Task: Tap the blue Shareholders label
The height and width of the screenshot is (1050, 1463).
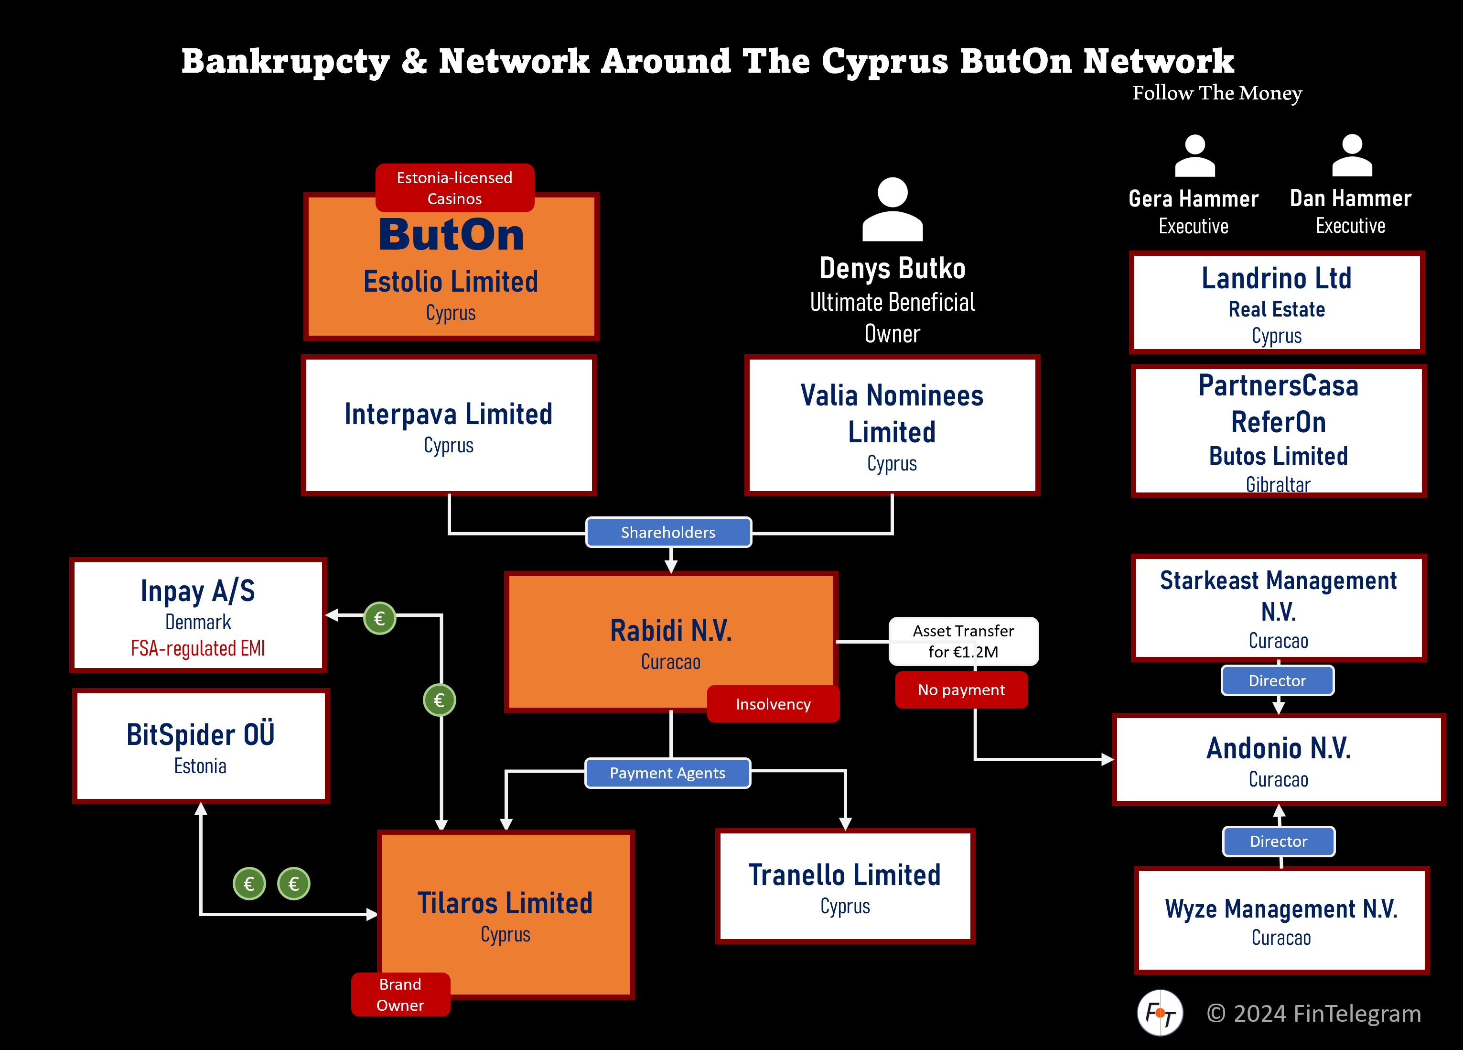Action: pos(668,533)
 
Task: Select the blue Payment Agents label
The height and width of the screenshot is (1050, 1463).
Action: pos(667,773)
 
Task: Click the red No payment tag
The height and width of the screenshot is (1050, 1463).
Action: pos(961,690)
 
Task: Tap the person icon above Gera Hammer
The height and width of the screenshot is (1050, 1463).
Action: pos(1194,156)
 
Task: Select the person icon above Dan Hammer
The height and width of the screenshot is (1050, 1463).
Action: pos(1352,156)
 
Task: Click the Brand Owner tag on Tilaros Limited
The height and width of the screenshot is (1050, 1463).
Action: pos(400,995)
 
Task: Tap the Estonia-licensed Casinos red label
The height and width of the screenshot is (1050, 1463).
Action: pos(455,188)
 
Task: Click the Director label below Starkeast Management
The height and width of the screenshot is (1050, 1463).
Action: pos(1277,681)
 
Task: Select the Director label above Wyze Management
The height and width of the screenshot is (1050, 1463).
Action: pos(1279,842)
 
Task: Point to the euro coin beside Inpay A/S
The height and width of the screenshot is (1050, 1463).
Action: pos(379,618)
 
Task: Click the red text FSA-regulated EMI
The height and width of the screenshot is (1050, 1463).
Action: pos(198,648)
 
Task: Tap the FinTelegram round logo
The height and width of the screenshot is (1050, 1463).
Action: pos(1160,1013)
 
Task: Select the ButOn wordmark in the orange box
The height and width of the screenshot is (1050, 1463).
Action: pos(451,234)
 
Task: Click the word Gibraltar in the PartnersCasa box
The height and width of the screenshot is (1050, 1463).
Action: pos(1278,484)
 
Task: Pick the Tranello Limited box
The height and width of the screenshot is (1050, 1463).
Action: pos(845,886)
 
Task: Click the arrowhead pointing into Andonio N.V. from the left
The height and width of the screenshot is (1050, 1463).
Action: pos(1108,760)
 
